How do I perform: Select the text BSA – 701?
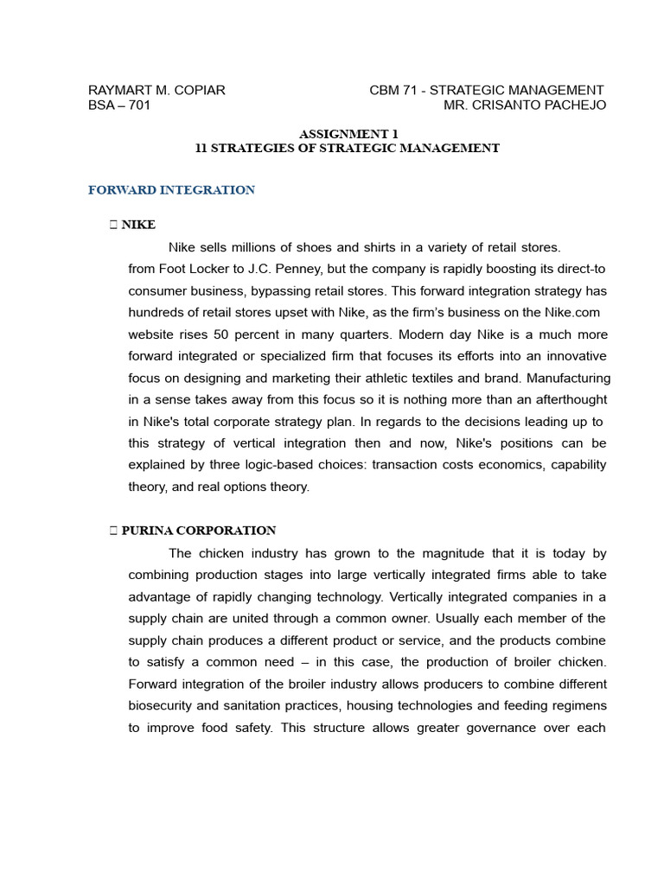pos(119,105)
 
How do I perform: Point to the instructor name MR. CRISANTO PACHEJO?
pos(525,105)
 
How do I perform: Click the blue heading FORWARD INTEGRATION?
pos(171,190)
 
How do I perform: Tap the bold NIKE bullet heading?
pos(138,225)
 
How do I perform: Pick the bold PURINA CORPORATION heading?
pos(199,531)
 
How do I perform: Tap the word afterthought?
pos(565,399)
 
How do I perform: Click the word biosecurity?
pos(161,705)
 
